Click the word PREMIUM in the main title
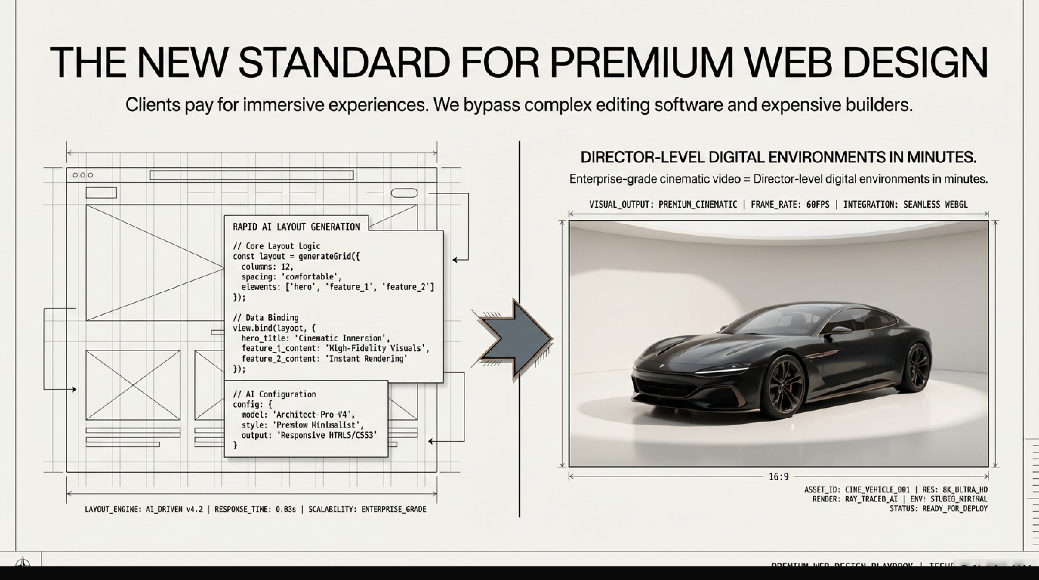(641, 63)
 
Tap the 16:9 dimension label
(778, 477)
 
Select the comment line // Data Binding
(266, 317)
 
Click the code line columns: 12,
(267, 267)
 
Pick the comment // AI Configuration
(274, 394)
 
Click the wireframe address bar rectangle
(252, 175)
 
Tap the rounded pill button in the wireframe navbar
(404, 193)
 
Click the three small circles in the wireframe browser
(83, 175)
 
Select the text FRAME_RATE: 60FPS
(790, 204)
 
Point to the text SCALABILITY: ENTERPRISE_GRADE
(367, 509)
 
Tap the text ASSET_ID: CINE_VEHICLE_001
(857, 490)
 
